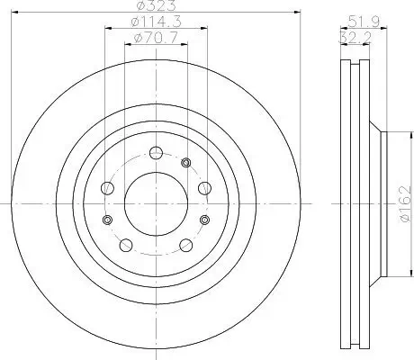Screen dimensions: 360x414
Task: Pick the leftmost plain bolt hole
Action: tap(109, 188)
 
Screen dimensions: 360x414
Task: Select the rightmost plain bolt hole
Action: tap(203, 188)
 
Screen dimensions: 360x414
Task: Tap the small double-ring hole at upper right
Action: tap(185, 162)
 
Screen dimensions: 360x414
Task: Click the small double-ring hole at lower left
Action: tap(107, 220)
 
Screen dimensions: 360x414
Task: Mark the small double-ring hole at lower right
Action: tap(202, 220)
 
